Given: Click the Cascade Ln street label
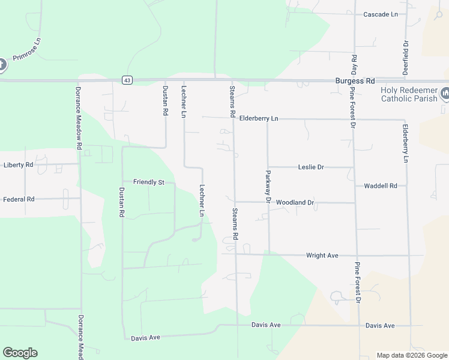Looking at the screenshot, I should pyautogui.click(x=381, y=14).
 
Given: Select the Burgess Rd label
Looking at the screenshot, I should pyautogui.click(x=355, y=80).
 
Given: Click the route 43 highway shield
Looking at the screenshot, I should pyautogui.click(x=126, y=80).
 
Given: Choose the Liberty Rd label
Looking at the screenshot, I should pyautogui.click(x=18, y=164).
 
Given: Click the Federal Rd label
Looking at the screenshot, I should pyautogui.click(x=19, y=199).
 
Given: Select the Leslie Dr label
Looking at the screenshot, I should pyautogui.click(x=311, y=167).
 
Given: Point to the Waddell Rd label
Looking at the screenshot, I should pyautogui.click(x=381, y=186).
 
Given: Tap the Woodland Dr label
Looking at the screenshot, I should pyautogui.click(x=295, y=203).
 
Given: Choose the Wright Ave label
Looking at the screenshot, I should pyautogui.click(x=322, y=256).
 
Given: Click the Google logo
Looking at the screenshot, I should pyautogui.click(x=20, y=353).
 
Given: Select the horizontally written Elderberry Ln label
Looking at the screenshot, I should pyautogui.click(x=259, y=119).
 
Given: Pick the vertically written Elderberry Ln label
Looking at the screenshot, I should pyautogui.click(x=406, y=143).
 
